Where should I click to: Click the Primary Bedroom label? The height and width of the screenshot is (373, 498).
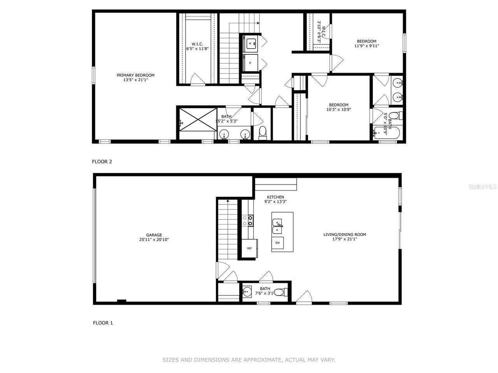click(x=135, y=75)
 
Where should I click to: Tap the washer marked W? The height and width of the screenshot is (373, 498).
click(x=250, y=44)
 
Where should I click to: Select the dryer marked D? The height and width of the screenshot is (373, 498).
click(x=250, y=63)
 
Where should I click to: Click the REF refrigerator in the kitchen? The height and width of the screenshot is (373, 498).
click(x=249, y=248)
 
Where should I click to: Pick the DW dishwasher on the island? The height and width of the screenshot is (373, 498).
click(x=277, y=243)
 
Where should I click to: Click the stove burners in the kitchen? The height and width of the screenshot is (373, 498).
click(x=247, y=221)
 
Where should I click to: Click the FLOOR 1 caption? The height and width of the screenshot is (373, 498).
click(x=103, y=322)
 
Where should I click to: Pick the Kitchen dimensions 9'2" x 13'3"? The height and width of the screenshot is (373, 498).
click(x=275, y=202)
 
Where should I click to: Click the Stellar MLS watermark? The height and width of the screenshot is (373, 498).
click(x=482, y=187)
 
